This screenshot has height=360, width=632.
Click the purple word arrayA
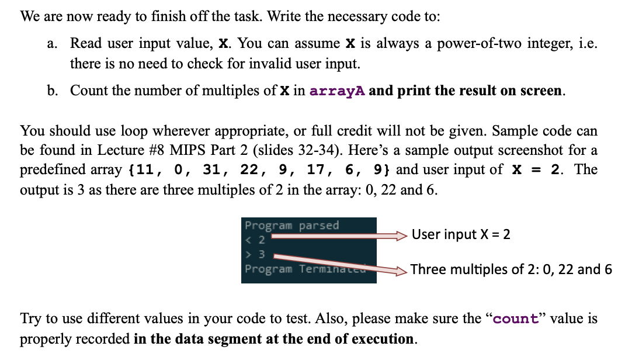pyautogui.click(x=337, y=91)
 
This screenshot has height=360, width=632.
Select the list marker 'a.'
pyautogui.click(x=53, y=44)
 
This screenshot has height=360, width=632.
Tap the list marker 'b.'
pyautogui.click(x=53, y=91)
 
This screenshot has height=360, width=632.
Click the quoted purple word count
pyautogui.click(x=516, y=319)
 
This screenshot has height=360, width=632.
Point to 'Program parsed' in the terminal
pyautogui.click(x=291, y=226)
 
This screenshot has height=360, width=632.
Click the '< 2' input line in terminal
pyautogui.click(x=255, y=240)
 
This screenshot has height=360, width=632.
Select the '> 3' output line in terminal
pyautogui.click(x=255, y=254)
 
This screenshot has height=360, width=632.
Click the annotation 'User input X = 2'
pyautogui.click(x=461, y=234)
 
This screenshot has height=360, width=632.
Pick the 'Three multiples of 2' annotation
pyautogui.click(x=511, y=269)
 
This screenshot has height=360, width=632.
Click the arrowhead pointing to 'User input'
pyautogui.click(x=401, y=235)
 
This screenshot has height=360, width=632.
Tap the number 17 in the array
pyautogui.click(x=316, y=170)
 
